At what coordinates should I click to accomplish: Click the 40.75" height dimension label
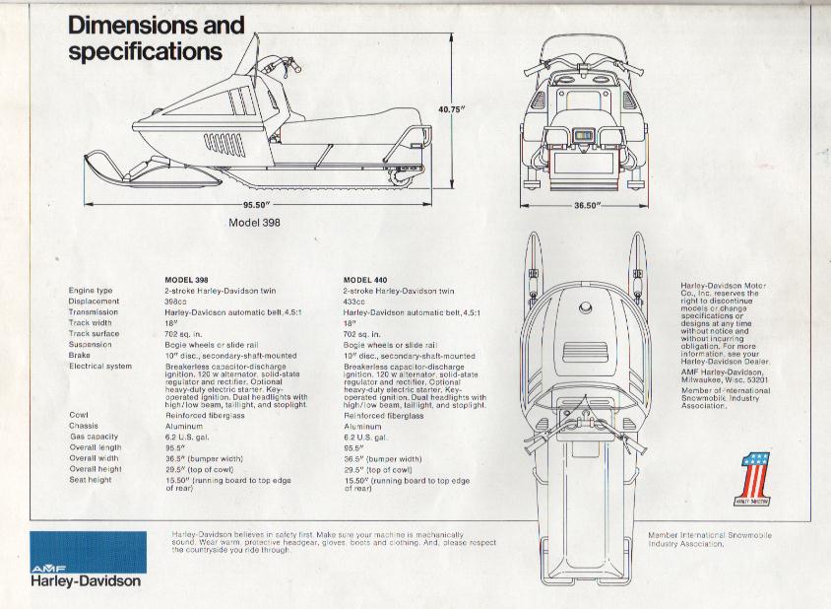452,109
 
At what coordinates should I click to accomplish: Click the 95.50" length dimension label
257,205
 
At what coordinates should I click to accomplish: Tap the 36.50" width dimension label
587,206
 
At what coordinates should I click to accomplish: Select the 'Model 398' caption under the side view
254,223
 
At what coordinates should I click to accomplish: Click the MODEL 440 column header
365,280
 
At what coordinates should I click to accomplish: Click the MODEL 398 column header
186,280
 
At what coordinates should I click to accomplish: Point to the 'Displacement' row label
94,302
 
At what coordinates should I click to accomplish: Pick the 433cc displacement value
354,302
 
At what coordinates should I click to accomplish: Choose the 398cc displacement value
175,302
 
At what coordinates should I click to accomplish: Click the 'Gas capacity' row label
94,437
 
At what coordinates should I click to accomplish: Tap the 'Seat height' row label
91,480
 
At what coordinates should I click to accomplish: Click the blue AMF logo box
88,552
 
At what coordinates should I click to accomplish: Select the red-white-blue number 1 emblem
753,480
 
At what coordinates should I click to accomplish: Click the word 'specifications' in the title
145,52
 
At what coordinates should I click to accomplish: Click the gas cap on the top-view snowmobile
585,307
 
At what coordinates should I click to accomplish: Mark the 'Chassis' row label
84,426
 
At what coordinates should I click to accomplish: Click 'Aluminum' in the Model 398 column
184,426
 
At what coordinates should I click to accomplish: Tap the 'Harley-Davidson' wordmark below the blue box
86,580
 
